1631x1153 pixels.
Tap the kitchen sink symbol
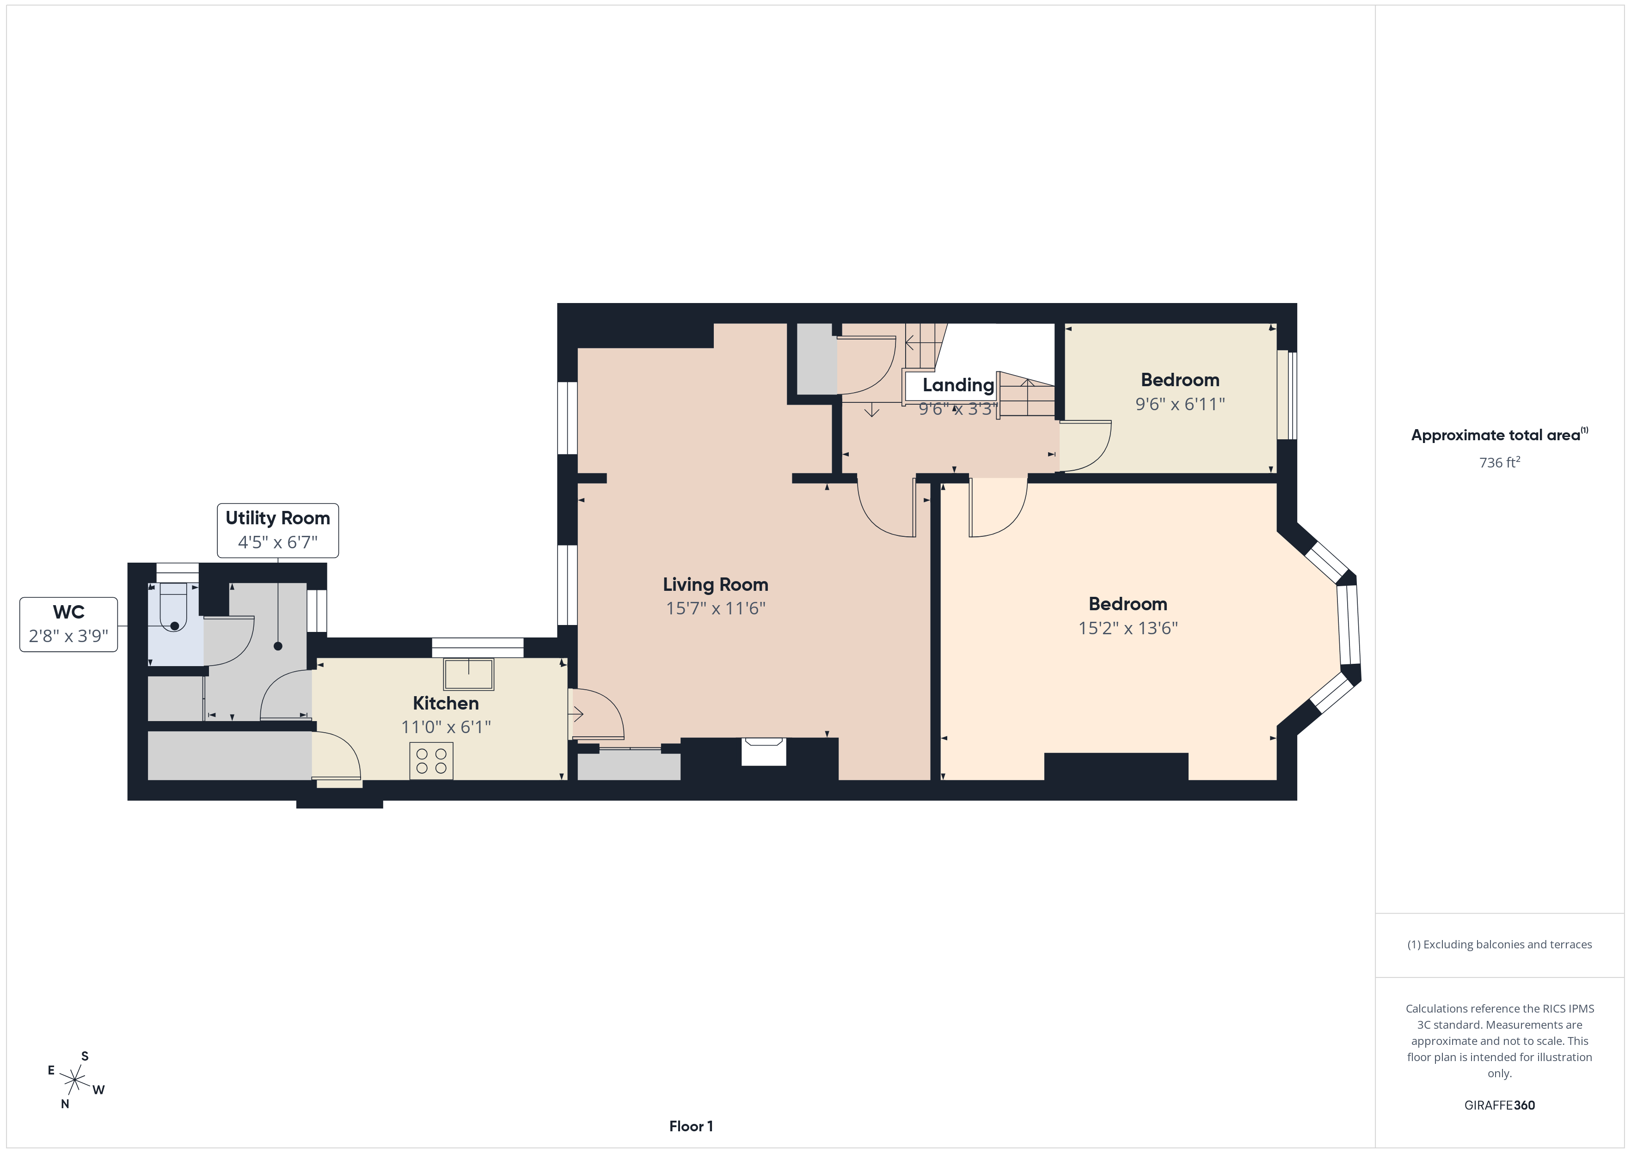[468, 674]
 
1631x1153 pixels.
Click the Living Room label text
[715, 584]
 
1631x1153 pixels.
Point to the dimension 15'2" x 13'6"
[1128, 628]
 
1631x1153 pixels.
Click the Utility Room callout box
[278, 530]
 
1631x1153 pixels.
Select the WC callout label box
[68, 624]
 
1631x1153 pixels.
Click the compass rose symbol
[74, 1080]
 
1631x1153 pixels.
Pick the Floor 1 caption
[691, 1126]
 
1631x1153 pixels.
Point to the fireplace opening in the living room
[764, 752]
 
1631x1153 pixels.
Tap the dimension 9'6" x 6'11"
[1180, 404]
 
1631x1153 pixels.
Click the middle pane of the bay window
[1348, 625]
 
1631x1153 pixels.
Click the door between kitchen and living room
[597, 714]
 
